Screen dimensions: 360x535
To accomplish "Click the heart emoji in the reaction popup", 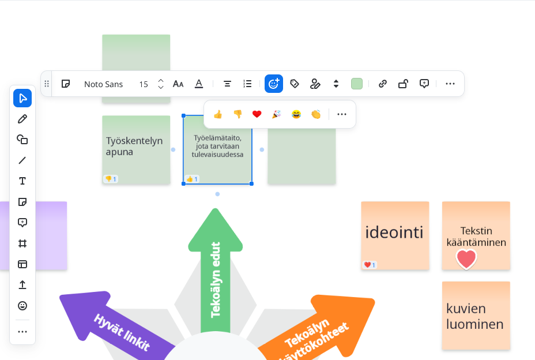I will point(257,114).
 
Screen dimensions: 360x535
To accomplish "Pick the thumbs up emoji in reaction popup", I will point(218,114).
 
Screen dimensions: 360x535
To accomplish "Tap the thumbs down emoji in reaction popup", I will point(238,114).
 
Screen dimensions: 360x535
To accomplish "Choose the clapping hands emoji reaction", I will point(316,114).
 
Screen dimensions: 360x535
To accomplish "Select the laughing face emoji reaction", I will point(296,114).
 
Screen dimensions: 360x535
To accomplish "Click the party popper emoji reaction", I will point(277,114).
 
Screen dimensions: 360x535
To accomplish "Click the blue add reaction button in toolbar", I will point(274,84).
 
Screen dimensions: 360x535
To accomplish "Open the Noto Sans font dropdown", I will point(103,84).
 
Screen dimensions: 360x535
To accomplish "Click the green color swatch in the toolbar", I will point(357,84).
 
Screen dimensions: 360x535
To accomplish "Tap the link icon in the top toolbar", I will point(383,84).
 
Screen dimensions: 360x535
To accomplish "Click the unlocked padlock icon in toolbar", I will point(404,84).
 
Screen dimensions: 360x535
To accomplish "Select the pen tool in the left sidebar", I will point(22,119).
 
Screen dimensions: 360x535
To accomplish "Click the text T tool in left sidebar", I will point(22,181).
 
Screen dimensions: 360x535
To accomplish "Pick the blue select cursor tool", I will point(22,98).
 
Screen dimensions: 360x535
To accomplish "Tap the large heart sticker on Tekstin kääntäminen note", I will point(466,259).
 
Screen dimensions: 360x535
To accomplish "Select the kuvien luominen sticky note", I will point(476,316).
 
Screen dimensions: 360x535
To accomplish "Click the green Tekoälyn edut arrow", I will point(216,271).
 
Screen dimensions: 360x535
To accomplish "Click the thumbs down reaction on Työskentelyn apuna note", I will point(111,179).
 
